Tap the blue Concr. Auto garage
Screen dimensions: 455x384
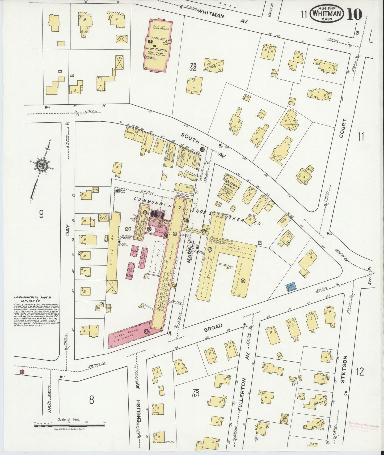(291, 286)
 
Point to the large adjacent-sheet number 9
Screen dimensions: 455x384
(41, 214)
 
